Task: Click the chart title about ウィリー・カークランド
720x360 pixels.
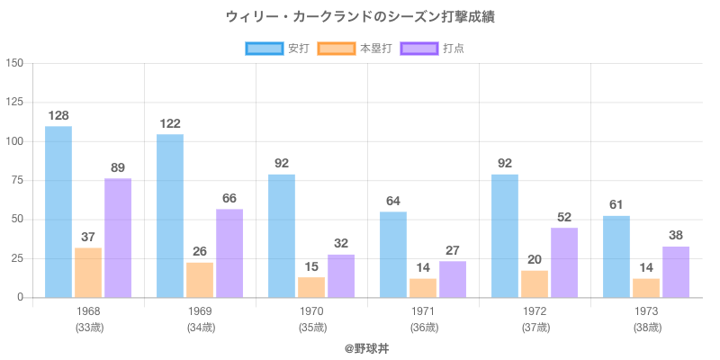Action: (x=360, y=17)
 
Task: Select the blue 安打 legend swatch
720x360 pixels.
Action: (x=264, y=49)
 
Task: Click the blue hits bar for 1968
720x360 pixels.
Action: (x=58, y=211)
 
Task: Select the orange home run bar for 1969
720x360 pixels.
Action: (x=200, y=280)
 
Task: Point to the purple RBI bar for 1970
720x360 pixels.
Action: (x=341, y=275)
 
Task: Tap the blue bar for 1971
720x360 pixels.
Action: (x=393, y=255)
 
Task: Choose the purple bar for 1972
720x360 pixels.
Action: (x=564, y=262)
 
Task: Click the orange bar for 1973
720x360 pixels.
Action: (x=646, y=288)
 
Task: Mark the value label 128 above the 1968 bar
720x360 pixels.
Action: (x=58, y=115)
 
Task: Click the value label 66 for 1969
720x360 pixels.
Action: (x=229, y=198)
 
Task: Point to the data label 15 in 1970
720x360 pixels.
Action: (x=311, y=266)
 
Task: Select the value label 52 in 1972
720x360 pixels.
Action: (x=564, y=217)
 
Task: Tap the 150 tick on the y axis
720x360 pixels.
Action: (x=15, y=63)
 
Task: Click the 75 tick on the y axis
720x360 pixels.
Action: (x=18, y=180)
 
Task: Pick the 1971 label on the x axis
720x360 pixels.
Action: (x=423, y=311)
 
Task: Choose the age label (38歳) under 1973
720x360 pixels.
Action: (x=646, y=327)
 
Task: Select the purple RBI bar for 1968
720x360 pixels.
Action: (x=118, y=238)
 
